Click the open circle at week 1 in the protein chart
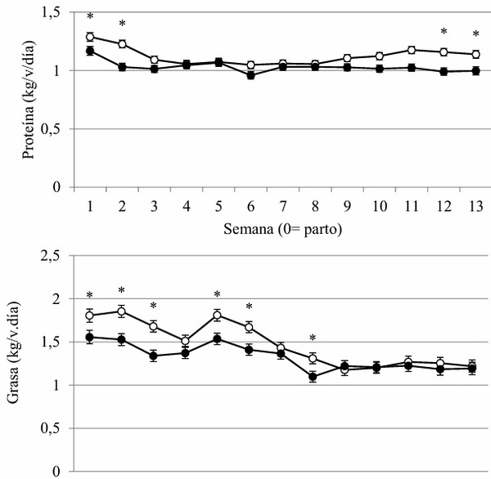tap(90, 37)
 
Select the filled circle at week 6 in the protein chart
tap(250, 75)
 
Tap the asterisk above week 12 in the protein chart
tap(444, 31)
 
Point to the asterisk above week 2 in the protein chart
tap(123, 23)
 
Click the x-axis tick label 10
tap(380, 207)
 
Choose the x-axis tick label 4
tap(187, 207)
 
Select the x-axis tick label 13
tap(476, 207)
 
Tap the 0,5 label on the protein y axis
tap(51, 129)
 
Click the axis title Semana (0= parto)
tap(283, 230)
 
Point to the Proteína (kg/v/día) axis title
tap(29, 100)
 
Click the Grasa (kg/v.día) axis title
tap(13, 352)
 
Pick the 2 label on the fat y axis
tap(56, 299)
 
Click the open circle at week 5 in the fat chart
tap(218, 315)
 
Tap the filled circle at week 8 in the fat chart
tap(313, 377)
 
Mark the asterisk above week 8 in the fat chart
tap(313, 338)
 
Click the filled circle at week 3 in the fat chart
tap(153, 356)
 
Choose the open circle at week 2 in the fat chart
tap(121, 311)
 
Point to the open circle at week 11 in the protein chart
tap(412, 50)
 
